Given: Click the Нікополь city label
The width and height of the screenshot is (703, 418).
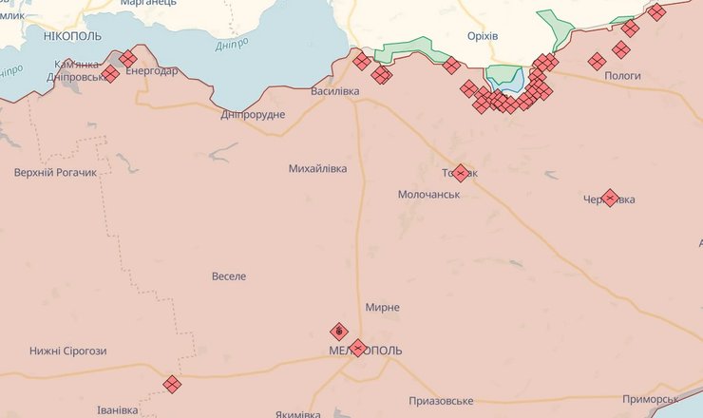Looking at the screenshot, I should coord(72,34).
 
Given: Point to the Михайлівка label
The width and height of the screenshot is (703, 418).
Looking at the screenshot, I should coord(317,168).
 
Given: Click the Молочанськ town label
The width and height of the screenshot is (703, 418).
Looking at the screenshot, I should coord(428,194).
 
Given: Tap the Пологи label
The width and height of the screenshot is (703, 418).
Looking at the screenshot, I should coord(622,75).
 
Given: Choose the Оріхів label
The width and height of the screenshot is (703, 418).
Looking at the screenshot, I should coord(483,35).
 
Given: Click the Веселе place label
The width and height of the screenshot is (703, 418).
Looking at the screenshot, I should coord(228,276).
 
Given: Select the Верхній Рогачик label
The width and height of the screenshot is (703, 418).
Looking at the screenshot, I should coord(56,174).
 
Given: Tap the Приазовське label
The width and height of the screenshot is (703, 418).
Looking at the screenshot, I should coord(441,401).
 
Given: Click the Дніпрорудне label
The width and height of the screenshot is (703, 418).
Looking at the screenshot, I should coord(252,114).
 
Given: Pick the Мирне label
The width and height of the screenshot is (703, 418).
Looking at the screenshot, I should coord(382,308).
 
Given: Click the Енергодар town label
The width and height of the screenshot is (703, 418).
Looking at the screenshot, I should coord(150,72).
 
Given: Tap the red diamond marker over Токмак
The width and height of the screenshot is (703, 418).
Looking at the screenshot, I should coord(461,173).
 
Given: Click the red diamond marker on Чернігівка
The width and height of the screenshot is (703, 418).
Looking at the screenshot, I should coord(610,198).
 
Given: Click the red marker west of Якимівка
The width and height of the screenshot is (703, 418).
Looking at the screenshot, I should coord(172,384).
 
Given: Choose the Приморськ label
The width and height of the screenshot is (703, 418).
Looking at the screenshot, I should coord(650,399).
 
